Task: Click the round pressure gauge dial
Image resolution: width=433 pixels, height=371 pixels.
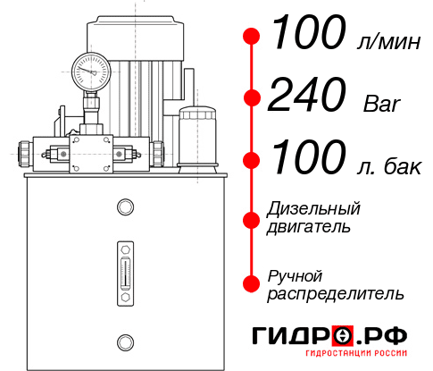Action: click(x=89, y=69)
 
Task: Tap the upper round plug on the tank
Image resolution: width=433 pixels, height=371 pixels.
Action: click(x=124, y=208)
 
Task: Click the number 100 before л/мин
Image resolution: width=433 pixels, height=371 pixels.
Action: click(x=306, y=36)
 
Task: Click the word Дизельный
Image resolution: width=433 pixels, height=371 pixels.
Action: click(x=313, y=209)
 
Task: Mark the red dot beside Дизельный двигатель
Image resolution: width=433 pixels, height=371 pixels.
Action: click(x=253, y=218)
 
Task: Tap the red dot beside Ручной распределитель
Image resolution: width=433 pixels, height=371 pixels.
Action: click(x=253, y=283)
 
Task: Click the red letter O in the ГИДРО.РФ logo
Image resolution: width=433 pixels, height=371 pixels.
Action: click(x=343, y=336)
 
